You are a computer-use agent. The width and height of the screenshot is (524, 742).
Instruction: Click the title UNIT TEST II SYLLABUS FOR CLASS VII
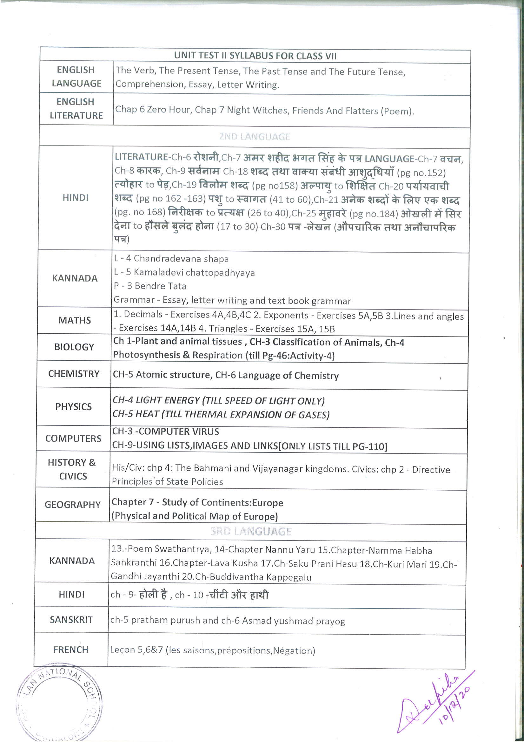point(255,56)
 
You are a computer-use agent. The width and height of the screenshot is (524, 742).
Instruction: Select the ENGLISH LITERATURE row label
point(76,109)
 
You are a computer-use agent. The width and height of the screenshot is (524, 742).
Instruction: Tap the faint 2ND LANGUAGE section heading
point(255,137)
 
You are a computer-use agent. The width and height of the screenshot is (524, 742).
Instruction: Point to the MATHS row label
point(75,320)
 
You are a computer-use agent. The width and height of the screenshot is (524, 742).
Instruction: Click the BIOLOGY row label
point(74,347)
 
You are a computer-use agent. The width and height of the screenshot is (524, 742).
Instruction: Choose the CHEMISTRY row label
point(74,374)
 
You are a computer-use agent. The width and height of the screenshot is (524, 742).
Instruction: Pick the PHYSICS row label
point(74,406)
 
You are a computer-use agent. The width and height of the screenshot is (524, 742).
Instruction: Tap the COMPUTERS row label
point(73,439)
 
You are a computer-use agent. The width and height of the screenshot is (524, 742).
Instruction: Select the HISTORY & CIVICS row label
point(72,469)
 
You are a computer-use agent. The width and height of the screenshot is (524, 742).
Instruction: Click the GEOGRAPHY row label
point(73,505)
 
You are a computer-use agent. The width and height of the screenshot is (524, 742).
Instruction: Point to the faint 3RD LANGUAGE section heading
point(250,531)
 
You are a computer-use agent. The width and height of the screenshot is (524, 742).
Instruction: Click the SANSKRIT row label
point(71,620)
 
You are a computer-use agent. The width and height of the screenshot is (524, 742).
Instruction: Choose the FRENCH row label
point(71,650)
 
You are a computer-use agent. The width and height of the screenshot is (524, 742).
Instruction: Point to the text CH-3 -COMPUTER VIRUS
point(166,432)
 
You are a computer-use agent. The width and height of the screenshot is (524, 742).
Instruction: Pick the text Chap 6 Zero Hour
point(153,110)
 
